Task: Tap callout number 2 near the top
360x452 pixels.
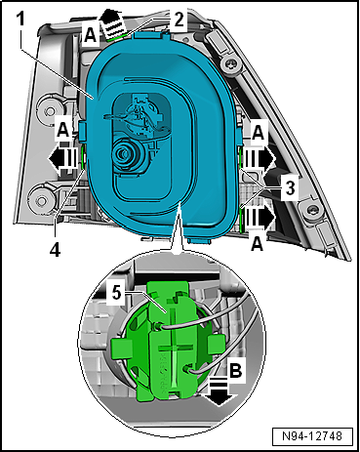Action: [x=179, y=21]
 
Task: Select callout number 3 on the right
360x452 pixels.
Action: [x=290, y=187]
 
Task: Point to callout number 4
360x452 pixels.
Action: [x=56, y=250]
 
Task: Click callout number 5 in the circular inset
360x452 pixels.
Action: [x=117, y=293]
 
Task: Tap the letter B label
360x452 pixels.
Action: [x=236, y=370]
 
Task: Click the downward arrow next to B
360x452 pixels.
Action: [x=219, y=393]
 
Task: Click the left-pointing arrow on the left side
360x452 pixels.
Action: [x=63, y=159]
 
